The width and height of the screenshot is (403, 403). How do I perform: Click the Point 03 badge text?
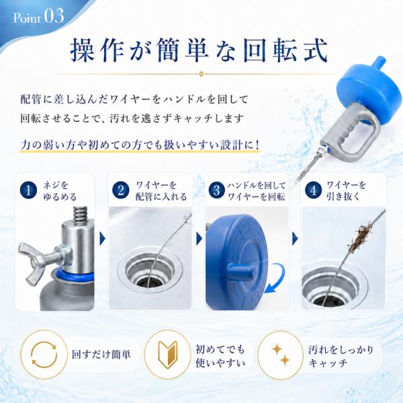click(38, 17)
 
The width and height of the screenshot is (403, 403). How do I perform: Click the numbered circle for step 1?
click(28, 191)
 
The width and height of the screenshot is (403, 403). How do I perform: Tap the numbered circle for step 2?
click(121, 191)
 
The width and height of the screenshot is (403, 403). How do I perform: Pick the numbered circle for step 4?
click(313, 191)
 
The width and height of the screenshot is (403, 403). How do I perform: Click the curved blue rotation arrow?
click(276, 279)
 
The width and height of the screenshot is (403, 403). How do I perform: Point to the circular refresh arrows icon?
click(44, 355)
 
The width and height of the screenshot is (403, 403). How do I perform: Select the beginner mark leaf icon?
click(167, 355)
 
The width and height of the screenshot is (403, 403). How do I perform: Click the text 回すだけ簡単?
click(101, 355)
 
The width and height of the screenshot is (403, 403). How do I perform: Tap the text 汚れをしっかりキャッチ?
click(341, 356)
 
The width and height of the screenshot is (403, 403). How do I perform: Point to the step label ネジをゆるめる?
click(60, 191)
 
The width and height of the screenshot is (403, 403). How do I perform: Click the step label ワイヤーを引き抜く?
click(346, 191)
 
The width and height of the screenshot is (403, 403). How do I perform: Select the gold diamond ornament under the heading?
click(201, 74)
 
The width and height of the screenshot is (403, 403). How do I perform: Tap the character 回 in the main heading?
click(257, 50)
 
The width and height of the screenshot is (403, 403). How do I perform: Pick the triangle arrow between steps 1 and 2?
click(102, 238)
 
